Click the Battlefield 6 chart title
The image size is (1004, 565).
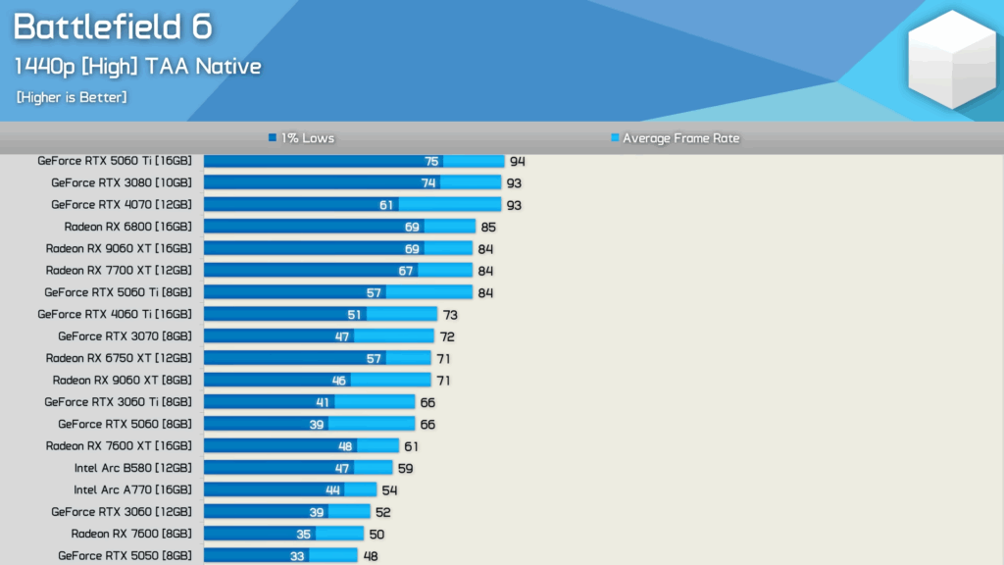(113, 27)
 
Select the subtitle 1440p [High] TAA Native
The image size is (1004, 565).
(137, 67)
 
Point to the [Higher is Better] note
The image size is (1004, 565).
(72, 97)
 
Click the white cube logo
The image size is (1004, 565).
(950, 59)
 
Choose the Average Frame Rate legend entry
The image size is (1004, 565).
(676, 138)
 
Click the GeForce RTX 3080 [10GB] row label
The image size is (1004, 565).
(122, 182)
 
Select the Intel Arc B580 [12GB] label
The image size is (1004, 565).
(132, 468)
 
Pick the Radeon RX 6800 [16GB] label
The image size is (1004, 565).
(127, 227)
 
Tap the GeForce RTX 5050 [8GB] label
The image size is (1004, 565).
(125, 555)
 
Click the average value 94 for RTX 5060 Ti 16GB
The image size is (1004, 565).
(518, 161)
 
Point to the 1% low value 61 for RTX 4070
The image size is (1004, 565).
(386, 205)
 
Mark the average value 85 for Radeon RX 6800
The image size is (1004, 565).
(488, 227)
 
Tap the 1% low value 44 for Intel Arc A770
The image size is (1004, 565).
(333, 489)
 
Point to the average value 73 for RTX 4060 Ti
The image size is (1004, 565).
(450, 315)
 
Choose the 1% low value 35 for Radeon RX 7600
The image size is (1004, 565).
(303, 534)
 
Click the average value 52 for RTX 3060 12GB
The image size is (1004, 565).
(383, 512)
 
